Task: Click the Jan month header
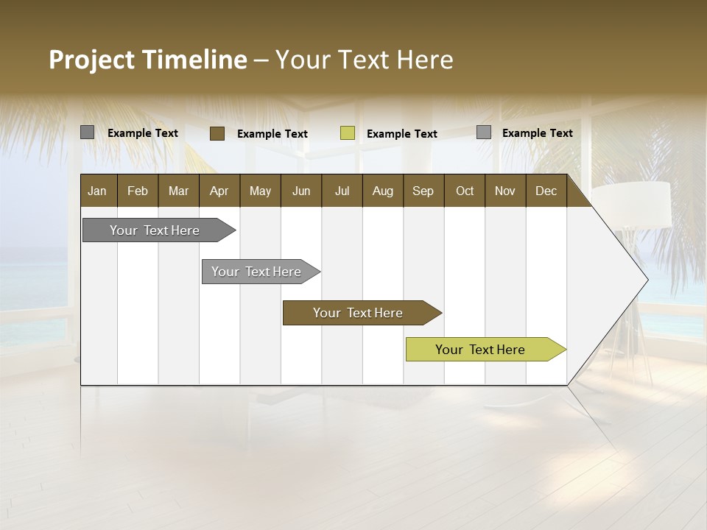point(97,191)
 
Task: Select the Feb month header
point(138,191)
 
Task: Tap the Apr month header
point(219,191)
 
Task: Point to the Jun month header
point(301,191)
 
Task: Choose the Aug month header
point(382,191)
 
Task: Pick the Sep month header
point(423,191)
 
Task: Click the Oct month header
point(465,191)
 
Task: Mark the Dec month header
point(546,191)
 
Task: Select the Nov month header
point(505,191)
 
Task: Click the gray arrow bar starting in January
point(155,230)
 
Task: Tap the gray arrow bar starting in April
point(256,272)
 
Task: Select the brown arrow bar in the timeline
point(358,313)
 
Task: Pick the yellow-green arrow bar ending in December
point(480,350)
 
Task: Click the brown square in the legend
point(217,133)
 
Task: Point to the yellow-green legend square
point(348,133)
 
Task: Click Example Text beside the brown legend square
point(272,134)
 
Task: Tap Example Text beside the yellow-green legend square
point(402,134)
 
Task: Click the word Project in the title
point(92,60)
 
